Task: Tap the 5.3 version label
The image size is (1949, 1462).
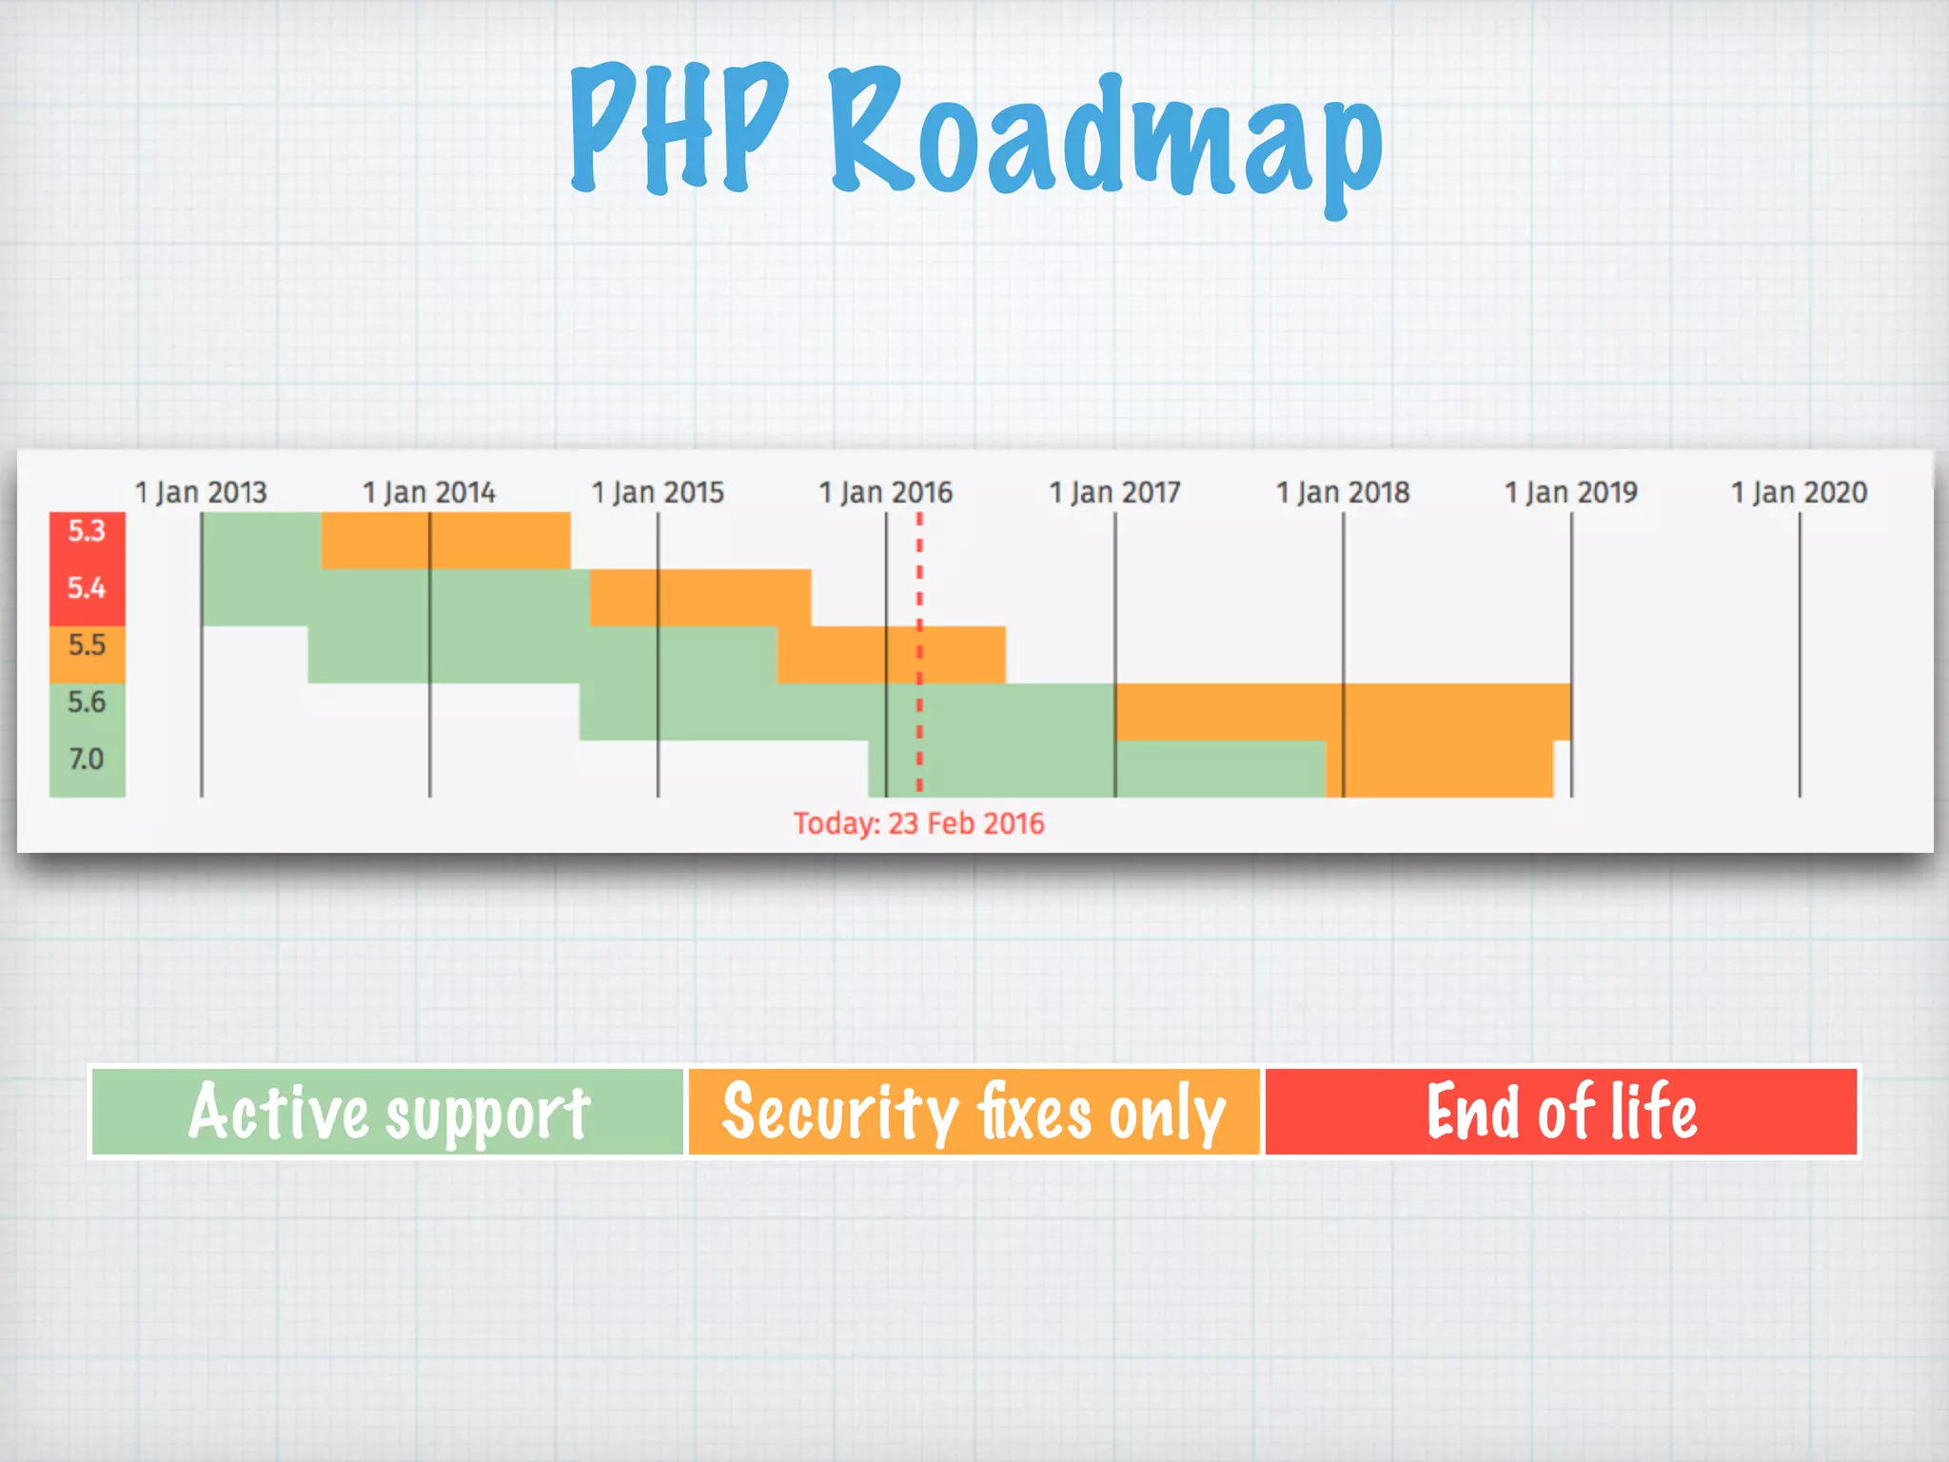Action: [87, 531]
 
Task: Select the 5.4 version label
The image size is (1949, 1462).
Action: [87, 588]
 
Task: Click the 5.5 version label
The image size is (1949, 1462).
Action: [87, 645]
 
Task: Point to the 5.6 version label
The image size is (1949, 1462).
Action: [87, 702]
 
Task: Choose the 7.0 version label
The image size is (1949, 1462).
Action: [87, 760]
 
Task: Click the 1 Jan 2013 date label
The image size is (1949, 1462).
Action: [201, 492]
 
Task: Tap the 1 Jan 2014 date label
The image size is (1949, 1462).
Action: [429, 492]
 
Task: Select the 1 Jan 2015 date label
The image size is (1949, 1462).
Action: [658, 492]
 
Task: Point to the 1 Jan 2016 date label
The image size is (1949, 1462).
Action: [886, 492]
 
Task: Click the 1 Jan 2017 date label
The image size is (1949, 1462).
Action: [1114, 492]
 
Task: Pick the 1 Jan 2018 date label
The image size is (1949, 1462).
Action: [1343, 492]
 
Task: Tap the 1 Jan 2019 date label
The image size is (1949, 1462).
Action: [1571, 492]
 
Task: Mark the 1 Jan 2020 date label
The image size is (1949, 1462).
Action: [1799, 492]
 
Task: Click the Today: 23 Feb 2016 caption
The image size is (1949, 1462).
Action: [918, 823]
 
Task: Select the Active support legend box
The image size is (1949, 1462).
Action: [388, 1112]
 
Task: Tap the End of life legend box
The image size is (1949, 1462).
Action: [1561, 1112]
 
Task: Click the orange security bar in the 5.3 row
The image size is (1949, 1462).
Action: [445, 541]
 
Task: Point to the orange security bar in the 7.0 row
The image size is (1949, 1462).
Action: [1439, 769]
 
